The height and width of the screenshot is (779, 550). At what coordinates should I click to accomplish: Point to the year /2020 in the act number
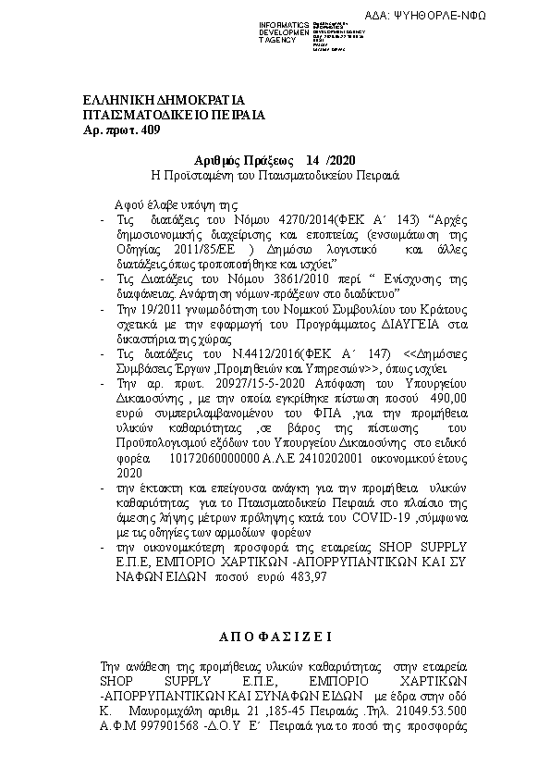click(339, 159)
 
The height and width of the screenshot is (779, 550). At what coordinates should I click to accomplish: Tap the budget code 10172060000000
click(216, 456)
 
